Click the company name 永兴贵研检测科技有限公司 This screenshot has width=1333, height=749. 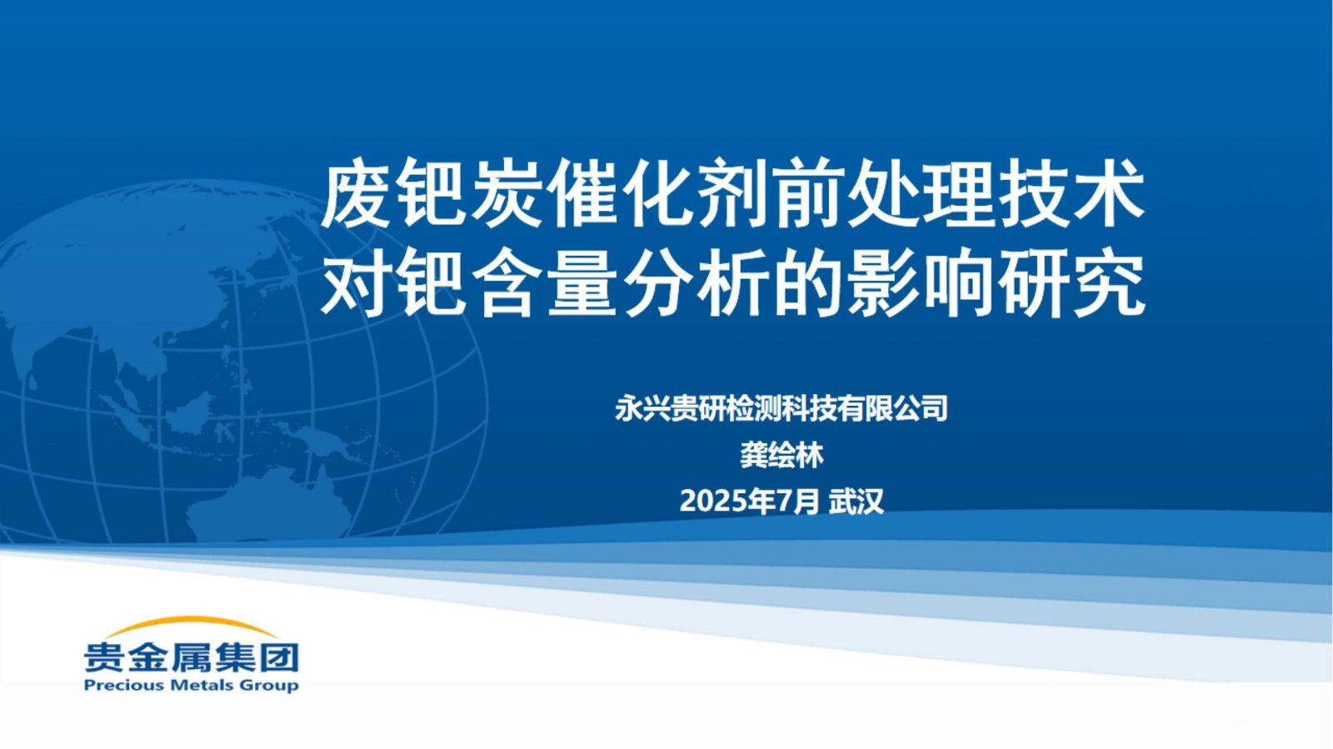click(x=781, y=408)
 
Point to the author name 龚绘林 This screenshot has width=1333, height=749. click(x=781, y=455)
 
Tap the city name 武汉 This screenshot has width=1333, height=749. click(x=856, y=502)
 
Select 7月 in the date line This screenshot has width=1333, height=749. click(x=797, y=502)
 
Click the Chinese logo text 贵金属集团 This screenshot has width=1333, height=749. click(x=191, y=657)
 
